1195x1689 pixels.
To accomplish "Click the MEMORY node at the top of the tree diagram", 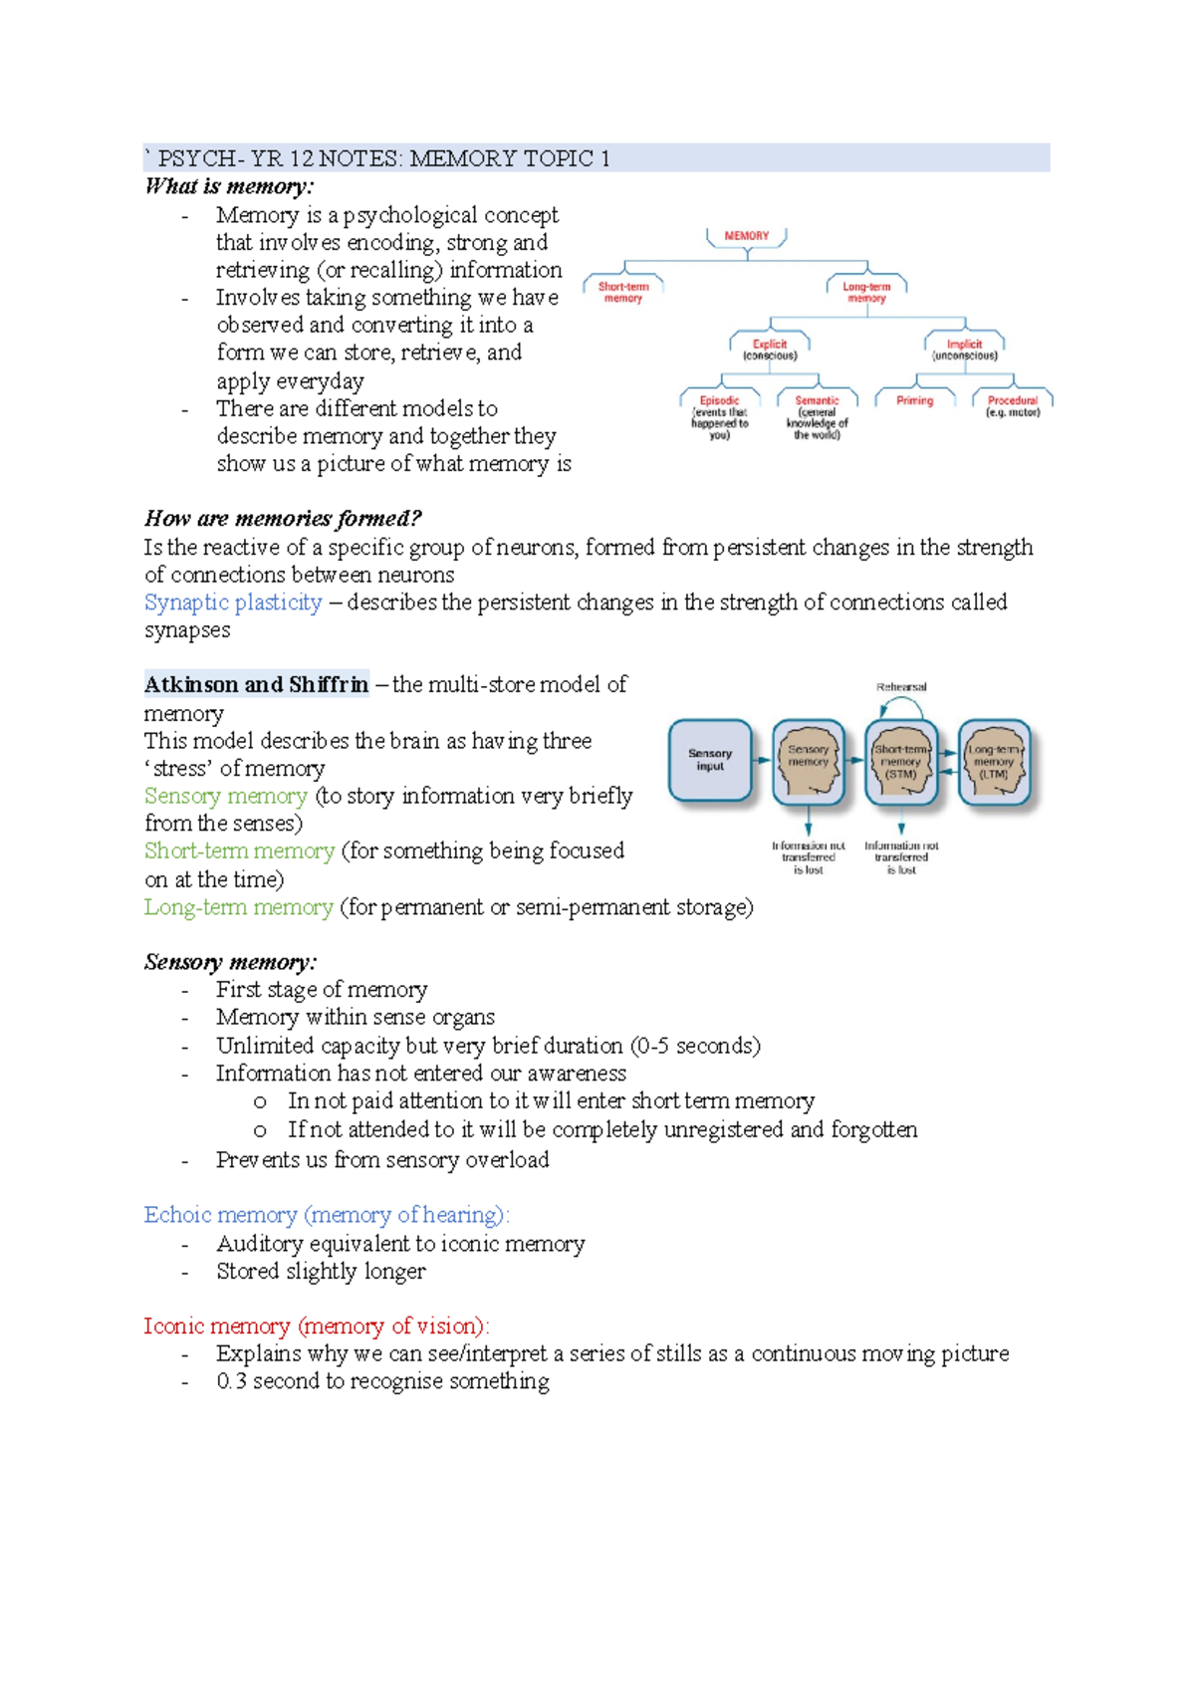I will pyautogui.click(x=747, y=236).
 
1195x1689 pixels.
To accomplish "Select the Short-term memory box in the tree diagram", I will pyautogui.click(x=623, y=292).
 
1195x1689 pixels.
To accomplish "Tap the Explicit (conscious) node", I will pyautogui.click(x=770, y=350).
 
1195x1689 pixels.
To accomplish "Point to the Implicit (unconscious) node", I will pyautogui.click(x=964, y=350).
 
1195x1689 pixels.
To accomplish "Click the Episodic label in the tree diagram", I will pyautogui.click(x=719, y=400).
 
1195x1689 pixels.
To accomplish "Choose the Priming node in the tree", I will pyautogui.click(x=914, y=400).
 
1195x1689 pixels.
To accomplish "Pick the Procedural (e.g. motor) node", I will pyautogui.click(x=1013, y=405).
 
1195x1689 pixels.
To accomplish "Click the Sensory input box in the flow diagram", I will pyautogui.click(x=710, y=760).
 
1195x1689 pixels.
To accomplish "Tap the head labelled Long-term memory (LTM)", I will pyautogui.click(x=994, y=762).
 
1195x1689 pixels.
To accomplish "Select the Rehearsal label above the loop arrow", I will pyautogui.click(x=901, y=687).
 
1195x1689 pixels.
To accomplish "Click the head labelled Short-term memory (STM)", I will pyautogui.click(x=901, y=762).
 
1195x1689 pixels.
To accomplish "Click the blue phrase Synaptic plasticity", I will pyautogui.click(x=233, y=603).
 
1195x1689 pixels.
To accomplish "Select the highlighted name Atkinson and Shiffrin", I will pyautogui.click(x=256, y=684).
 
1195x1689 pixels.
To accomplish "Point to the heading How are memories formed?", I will pyautogui.click(x=283, y=518).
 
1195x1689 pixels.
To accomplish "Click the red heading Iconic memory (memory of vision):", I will pyautogui.click(x=317, y=1326).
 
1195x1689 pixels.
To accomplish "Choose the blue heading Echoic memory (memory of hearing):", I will pyautogui.click(x=327, y=1215).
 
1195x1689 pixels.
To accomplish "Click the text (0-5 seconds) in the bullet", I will pyautogui.click(x=695, y=1046).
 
